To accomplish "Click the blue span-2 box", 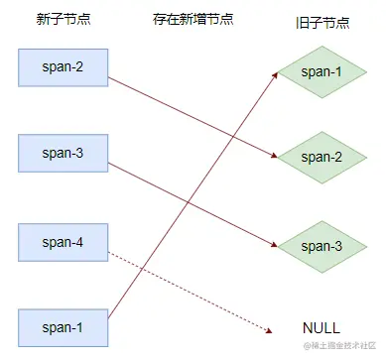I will pyautogui.click(x=62, y=66).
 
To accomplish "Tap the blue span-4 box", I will pyautogui.click(x=62, y=241).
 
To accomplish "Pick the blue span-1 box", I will pyautogui.click(x=62, y=326).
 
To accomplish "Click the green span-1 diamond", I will pyautogui.click(x=322, y=72).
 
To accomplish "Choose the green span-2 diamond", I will pyautogui.click(x=322, y=158).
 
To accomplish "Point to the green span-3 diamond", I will pyautogui.click(x=322, y=245).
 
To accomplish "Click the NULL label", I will pyautogui.click(x=322, y=327).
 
